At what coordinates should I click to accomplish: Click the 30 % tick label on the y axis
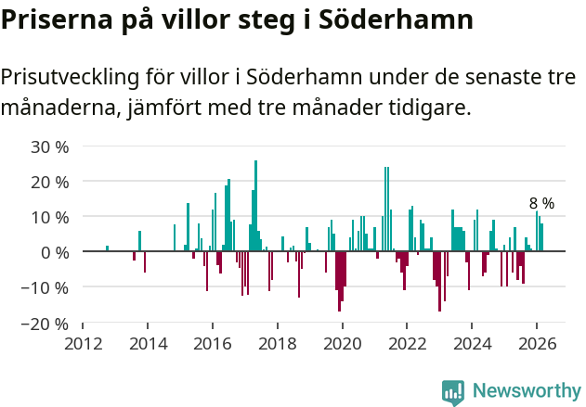[49, 146]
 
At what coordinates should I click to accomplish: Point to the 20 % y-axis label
[49, 182]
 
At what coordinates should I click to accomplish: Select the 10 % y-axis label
[49, 217]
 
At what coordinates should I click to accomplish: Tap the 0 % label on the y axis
[55, 252]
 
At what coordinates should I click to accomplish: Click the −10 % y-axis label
[45, 287]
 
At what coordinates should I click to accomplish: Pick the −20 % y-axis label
[45, 324]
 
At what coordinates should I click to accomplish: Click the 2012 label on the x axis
[83, 342]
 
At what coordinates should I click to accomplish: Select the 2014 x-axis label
[148, 342]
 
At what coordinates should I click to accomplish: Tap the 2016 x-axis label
[213, 342]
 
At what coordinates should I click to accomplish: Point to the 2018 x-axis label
[278, 342]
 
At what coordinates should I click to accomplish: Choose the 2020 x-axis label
[343, 342]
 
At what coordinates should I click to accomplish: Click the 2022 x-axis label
[408, 342]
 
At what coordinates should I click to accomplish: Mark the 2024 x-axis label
[473, 342]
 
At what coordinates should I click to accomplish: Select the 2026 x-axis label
[538, 342]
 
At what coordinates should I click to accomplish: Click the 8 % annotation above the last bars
[541, 203]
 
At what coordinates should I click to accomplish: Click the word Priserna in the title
[55, 19]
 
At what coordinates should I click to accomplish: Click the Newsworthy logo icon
[453, 391]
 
